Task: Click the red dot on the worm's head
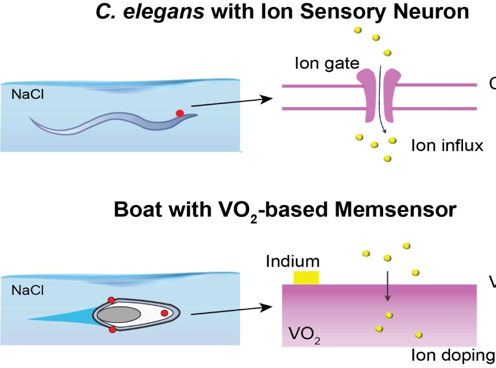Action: [179, 113]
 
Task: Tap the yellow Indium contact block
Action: [306, 278]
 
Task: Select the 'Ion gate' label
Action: [327, 64]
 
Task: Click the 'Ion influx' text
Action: [447, 145]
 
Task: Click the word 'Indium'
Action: [292, 261]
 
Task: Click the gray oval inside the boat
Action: [119, 315]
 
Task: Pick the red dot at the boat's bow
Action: [164, 313]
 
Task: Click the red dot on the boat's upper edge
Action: [111, 300]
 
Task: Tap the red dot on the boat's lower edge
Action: [112, 329]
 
